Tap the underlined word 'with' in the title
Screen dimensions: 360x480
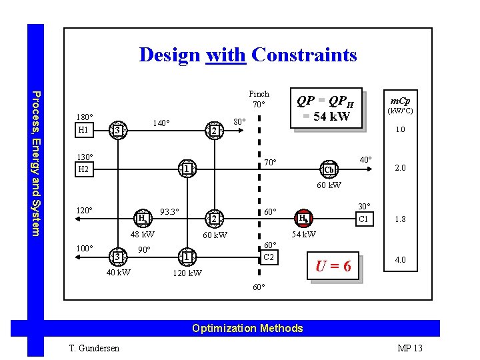(227, 54)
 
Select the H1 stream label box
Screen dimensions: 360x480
(83, 130)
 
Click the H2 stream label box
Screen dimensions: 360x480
(83, 169)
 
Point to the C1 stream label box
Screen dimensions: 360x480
(363, 219)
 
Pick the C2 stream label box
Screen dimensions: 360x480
(268, 257)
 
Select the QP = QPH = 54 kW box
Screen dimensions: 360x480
(327, 109)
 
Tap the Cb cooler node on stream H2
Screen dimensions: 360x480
(329, 169)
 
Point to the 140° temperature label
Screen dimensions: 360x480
(161, 123)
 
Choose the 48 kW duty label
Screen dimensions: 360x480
(142, 234)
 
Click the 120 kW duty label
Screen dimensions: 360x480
(187, 273)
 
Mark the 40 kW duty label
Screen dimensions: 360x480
(119, 272)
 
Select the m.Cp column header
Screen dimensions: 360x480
(400, 104)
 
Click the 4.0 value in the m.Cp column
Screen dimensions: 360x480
(400, 260)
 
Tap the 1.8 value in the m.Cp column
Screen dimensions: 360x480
(400, 219)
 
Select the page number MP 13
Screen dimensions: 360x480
(409, 348)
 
